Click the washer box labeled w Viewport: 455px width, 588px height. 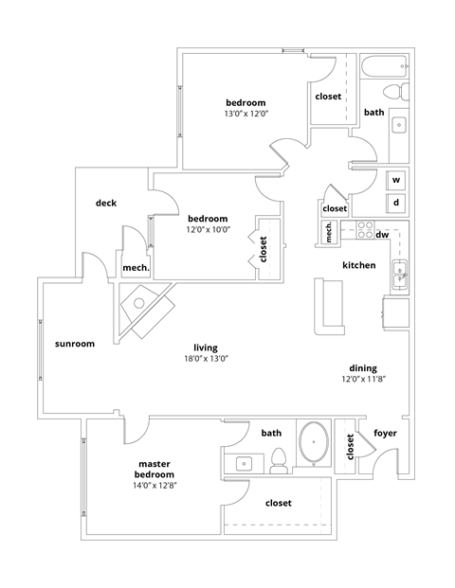396,180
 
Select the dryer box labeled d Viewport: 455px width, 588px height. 396,203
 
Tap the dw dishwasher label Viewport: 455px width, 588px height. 382,234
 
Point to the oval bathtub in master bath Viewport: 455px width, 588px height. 313,444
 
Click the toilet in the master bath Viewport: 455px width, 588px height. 279,460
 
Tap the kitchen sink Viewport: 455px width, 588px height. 399,274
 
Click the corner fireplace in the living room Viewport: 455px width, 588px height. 144,310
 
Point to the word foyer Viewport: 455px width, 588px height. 385,434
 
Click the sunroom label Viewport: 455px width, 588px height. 75,344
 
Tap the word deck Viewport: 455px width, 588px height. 105,203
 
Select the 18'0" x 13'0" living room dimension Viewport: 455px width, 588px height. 207,359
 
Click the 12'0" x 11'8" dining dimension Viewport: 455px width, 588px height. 362,379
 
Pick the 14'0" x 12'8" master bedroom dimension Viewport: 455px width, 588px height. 154,485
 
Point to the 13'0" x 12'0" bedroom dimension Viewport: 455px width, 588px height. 246,114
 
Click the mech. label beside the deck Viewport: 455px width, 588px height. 136,268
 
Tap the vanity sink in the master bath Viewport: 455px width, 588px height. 244,463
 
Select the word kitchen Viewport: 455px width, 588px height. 359,265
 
